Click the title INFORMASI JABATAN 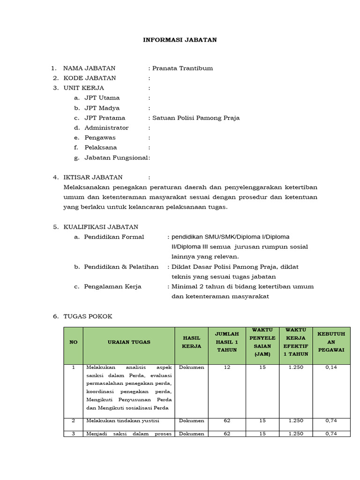(180, 40)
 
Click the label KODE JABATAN (90, 78)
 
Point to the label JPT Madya (102, 108)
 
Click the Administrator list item (106, 127)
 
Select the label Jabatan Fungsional (116, 157)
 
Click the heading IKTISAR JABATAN (93, 177)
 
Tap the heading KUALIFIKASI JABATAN (101, 227)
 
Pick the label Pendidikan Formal (114, 237)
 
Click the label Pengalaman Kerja (112, 286)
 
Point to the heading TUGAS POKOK (88, 316)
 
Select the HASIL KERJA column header (191, 342)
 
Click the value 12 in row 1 (227, 367)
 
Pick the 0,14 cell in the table (331, 367)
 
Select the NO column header (73, 342)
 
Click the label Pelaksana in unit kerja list (100, 148)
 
